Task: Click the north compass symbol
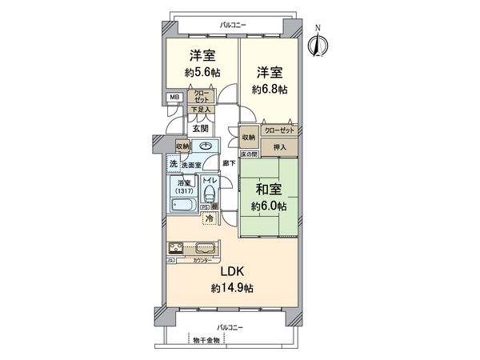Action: click(x=318, y=43)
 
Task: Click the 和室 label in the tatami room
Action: click(x=268, y=190)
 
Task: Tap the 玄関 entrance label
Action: click(x=200, y=128)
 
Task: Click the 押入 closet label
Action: click(x=279, y=147)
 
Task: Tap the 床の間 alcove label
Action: click(x=250, y=154)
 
